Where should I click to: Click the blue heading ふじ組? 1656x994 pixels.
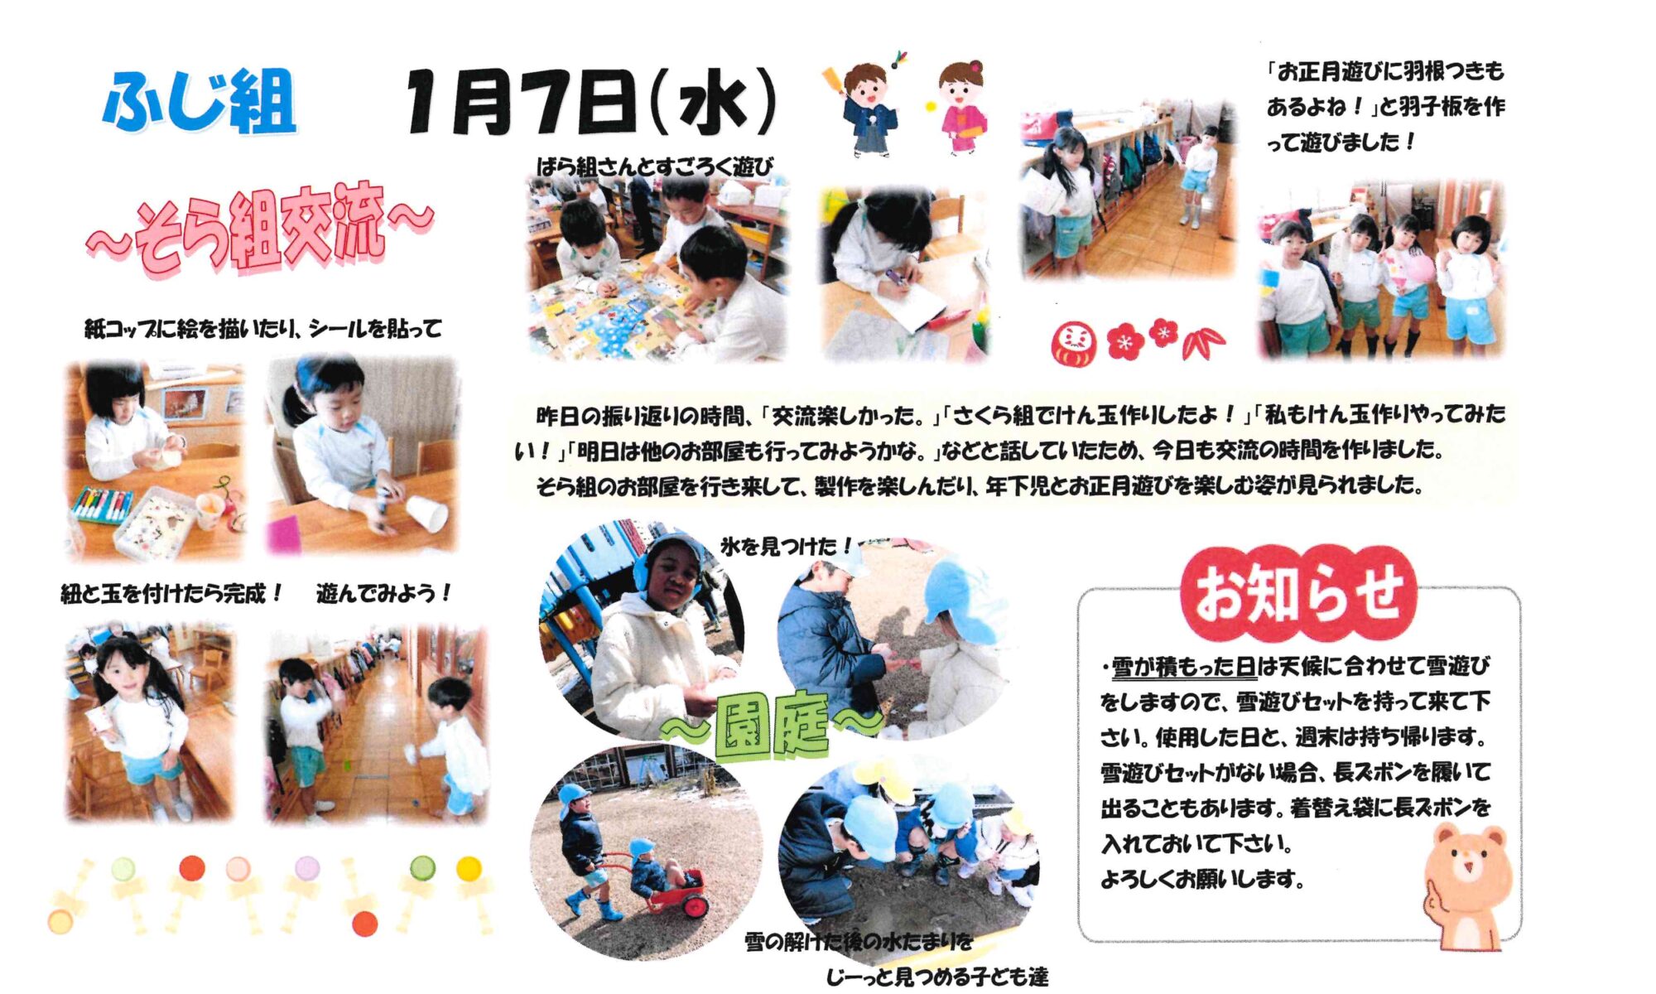[199, 102]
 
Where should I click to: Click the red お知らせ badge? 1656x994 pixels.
[1298, 592]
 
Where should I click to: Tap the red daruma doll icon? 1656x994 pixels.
[1073, 343]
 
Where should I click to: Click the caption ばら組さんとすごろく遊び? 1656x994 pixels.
[654, 167]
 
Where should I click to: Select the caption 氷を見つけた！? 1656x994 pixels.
[786, 547]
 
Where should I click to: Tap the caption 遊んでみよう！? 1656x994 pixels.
[383, 593]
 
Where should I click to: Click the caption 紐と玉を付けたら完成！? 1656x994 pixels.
[171, 593]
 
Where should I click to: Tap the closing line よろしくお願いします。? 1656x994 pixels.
[1202, 880]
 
